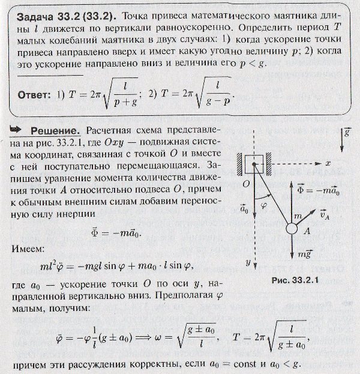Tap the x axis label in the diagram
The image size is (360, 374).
(328, 163)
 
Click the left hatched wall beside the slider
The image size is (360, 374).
(239, 163)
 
